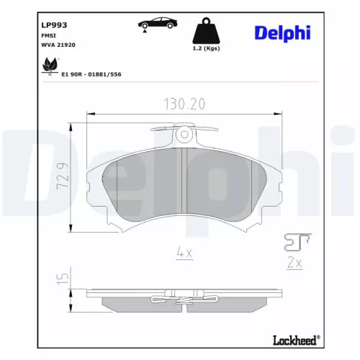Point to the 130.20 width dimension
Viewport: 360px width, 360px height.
[x=182, y=104]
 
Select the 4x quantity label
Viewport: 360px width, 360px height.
[x=182, y=252]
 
